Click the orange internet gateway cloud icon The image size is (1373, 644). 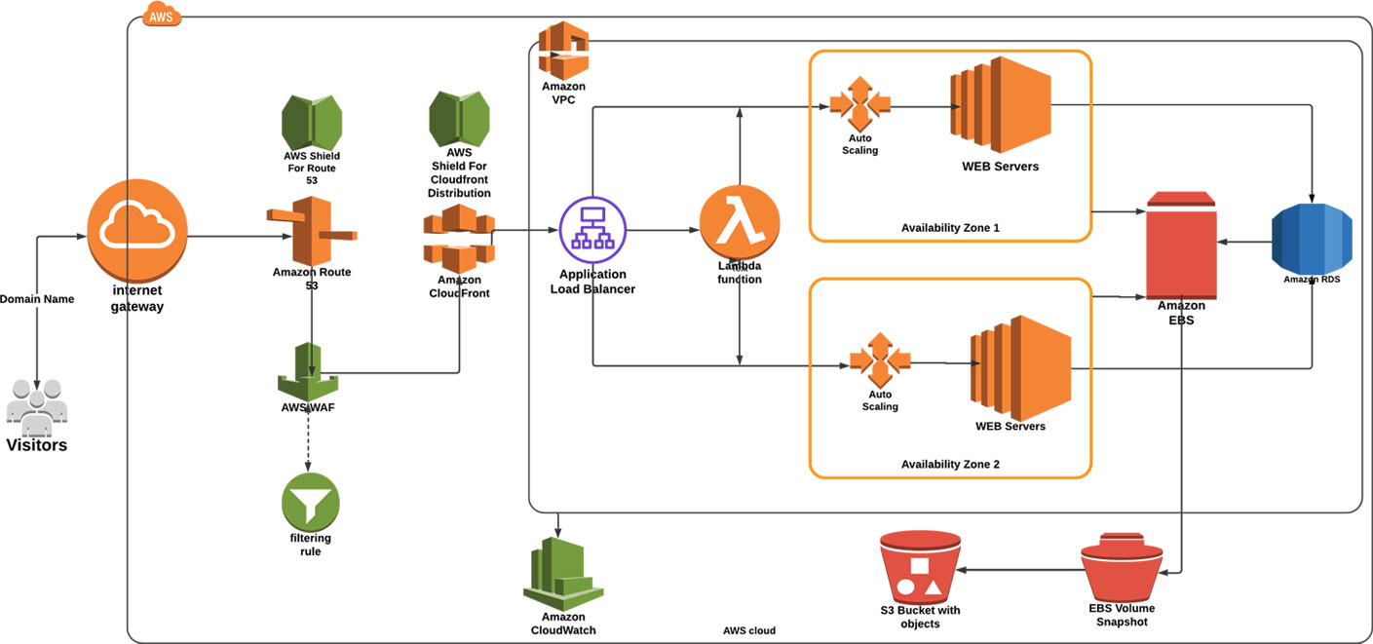(x=137, y=230)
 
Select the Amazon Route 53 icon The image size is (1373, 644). (x=312, y=231)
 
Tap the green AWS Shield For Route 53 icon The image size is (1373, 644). (x=312, y=123)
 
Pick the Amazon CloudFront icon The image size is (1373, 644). (x=459, y=239)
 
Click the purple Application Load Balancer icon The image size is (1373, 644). (x=592, y=230)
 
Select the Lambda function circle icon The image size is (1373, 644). (x=740, y=224)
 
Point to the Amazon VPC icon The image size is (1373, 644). (x=563, y=51)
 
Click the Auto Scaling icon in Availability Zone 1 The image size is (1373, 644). (x=860, y=103)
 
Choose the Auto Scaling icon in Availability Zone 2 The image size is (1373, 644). (x=880, y=360)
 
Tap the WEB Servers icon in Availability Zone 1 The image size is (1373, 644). (x=1001, y=105)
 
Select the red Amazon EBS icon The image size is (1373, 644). (x=1181, y=246)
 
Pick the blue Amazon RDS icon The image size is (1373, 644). (x=1312, y=239)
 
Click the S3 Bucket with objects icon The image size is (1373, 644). (x=920, y=567)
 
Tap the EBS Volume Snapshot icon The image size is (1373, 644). (x=1122, y=567)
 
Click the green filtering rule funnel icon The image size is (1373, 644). (x=311, y=502)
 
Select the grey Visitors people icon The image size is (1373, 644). (x=37, y=407)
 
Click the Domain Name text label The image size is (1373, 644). (x=37, y=299)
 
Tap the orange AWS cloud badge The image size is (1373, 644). (x=162, y=15)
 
